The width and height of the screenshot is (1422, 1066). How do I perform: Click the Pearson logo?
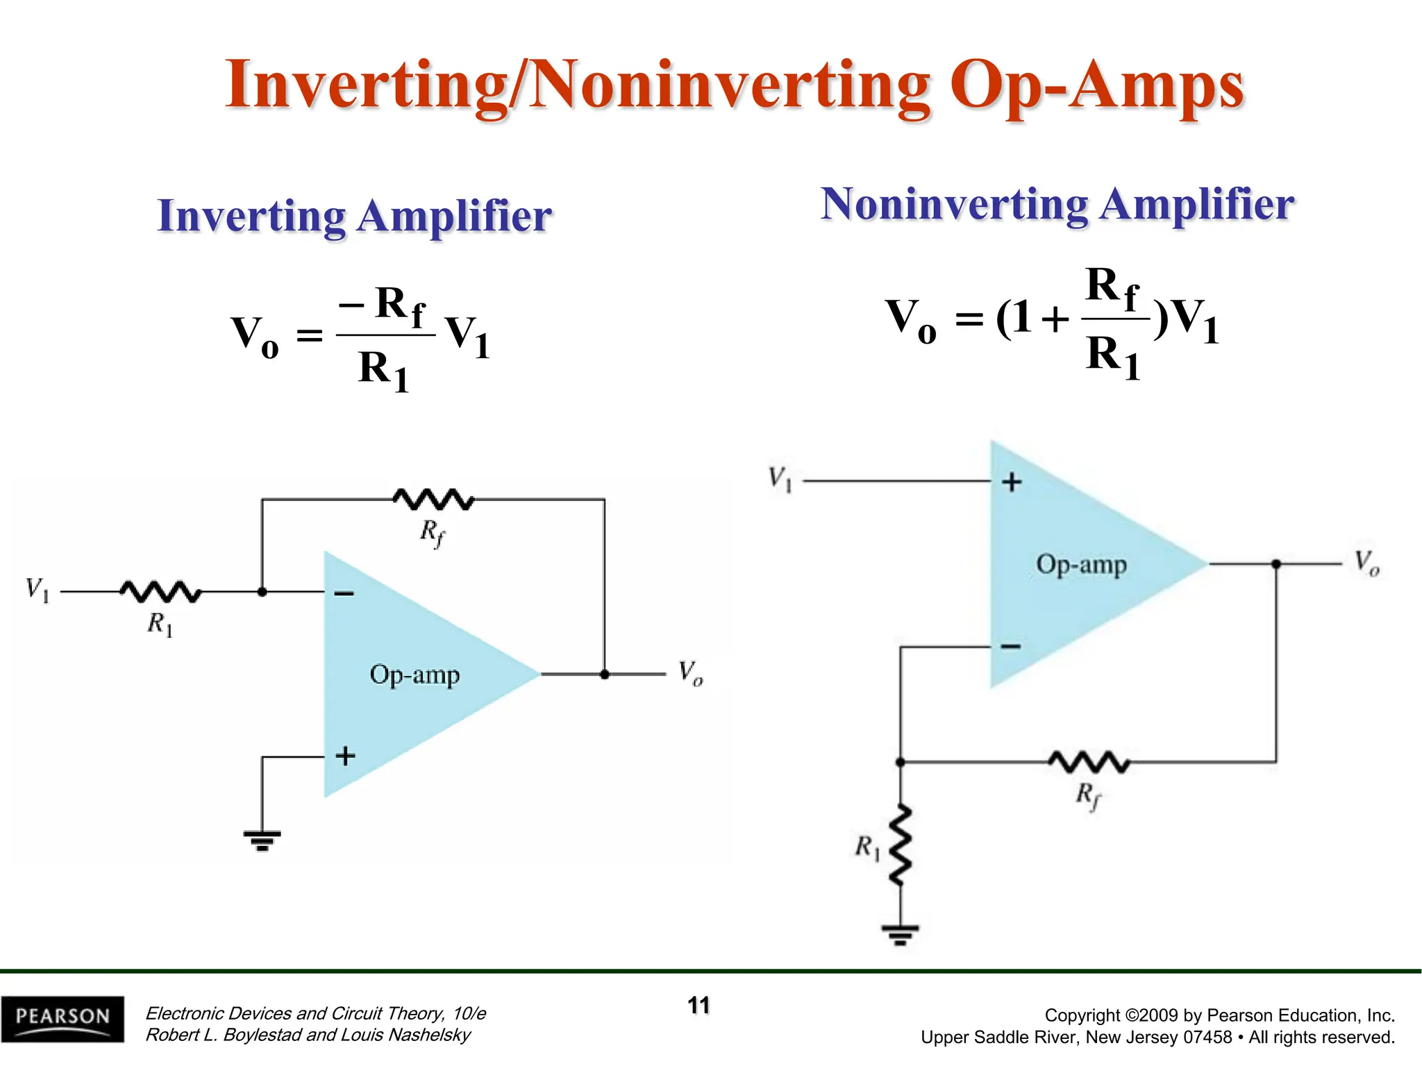coord(62,1019)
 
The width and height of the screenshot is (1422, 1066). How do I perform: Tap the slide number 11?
coord(699,1006)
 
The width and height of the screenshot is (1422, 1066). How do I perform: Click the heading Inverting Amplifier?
coord(355,216)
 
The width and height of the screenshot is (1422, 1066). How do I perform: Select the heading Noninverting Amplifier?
coord(1057,205)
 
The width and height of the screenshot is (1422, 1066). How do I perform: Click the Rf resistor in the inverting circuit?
coord(434,499)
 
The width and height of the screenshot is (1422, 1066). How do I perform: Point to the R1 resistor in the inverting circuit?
coord(161,592)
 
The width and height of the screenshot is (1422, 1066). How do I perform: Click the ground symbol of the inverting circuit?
coord(262,840)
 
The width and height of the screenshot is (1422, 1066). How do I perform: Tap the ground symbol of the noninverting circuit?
coord(900,934)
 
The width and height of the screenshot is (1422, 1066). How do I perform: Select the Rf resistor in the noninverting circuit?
coord(1089,762)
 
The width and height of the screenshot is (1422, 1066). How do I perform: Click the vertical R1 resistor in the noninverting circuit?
coord(901,845)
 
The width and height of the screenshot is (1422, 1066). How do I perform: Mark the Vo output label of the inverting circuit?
coord(691,673)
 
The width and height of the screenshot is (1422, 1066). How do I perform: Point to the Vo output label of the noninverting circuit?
coord(1366,563)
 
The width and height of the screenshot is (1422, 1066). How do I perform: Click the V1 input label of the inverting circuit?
coord(37,590)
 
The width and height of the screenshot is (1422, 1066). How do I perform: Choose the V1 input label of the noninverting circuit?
coord(780,479)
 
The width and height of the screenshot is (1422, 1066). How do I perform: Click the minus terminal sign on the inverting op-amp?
coord(344,593)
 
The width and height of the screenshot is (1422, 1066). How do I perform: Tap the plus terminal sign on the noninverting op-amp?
coord(1012,482)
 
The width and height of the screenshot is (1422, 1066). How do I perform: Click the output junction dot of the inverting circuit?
coord(605,674)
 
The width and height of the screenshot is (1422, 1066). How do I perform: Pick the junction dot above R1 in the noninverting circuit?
coord(901,762)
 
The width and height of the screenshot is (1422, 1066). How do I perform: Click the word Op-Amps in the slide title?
coord(1097,86)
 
